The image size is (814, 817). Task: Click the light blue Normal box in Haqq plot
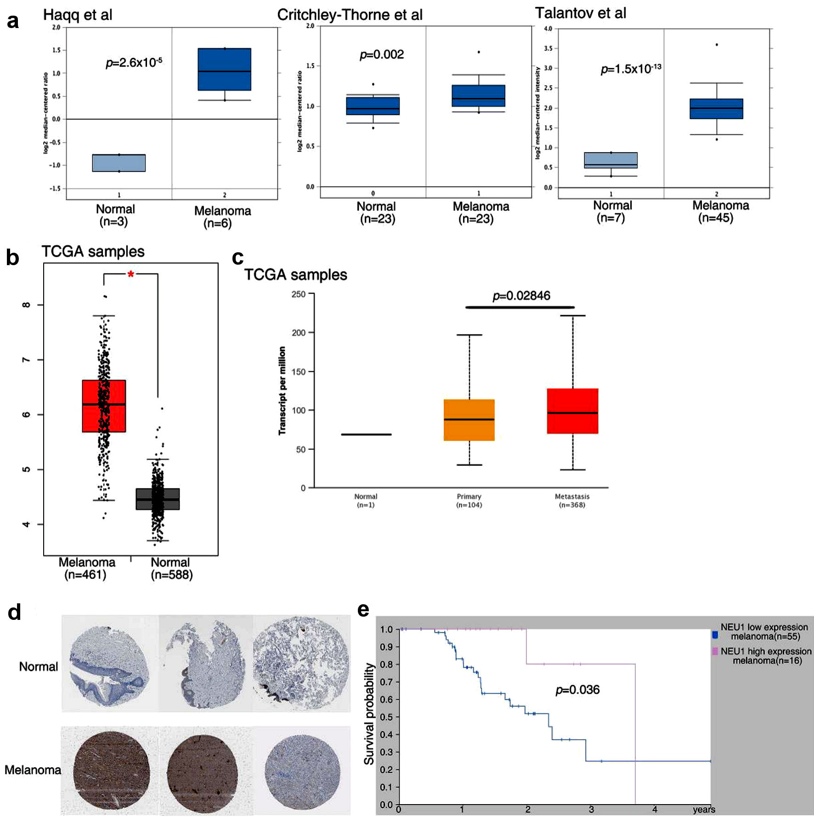tap(119, 163)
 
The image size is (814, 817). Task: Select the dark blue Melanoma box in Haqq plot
tap(224, 69)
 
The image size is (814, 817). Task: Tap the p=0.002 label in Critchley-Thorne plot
tap(382, 55)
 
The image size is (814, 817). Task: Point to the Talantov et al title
tap(580, 13)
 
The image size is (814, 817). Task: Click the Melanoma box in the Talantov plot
tap(716, 109)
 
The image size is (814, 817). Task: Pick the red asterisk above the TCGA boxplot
tap(131, 275)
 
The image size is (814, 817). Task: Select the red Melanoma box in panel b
tap(104, 406)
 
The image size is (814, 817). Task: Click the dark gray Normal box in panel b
tap(158, 499)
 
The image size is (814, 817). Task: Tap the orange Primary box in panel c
tap(469, 420)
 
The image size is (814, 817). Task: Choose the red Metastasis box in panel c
tap(572, 411)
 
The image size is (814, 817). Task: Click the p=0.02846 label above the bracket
tap(521, 296)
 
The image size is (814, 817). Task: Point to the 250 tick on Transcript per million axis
tap(299, 294)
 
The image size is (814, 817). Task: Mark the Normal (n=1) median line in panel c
tap(366, 434)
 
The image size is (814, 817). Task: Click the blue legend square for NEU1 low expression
tap(715, 635)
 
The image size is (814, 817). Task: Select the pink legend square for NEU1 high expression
tap(715, 651)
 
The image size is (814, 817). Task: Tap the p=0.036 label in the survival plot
tap(577, 690)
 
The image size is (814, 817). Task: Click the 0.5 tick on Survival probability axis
tap(386, 717)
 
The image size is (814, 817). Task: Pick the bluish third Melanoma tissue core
tap(303, 772)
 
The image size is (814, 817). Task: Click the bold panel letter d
tap(14, 613)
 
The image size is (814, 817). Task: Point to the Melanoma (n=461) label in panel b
tap(86, 568)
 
